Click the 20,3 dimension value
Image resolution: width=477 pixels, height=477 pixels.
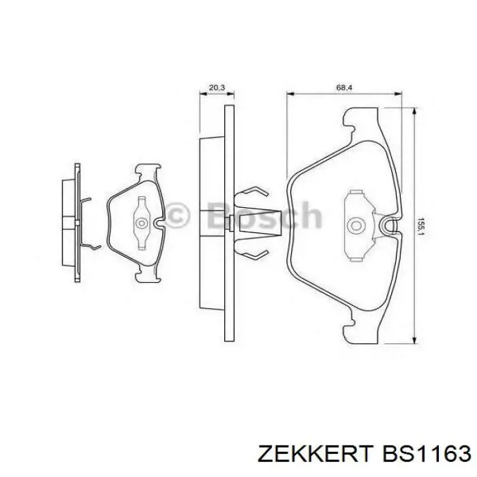(217, 88)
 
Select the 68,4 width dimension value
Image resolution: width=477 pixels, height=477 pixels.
(344, 88)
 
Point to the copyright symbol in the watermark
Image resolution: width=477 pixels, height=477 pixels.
(178, 215)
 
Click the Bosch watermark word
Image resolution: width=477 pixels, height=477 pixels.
(264, 215)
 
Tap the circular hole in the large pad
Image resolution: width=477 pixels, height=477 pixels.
(355, 226)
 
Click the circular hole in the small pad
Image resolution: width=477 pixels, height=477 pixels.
(142, 223)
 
